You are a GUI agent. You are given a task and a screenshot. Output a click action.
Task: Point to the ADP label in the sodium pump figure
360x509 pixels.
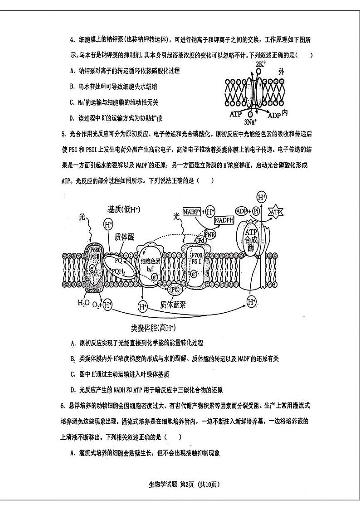(x=274, y=115)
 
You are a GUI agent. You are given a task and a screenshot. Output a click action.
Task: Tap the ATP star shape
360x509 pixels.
(x=276, y=212)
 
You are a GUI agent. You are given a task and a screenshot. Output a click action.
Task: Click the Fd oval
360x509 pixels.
(x=200, y=240)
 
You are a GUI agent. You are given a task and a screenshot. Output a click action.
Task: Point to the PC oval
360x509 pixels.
(x=175, y=289)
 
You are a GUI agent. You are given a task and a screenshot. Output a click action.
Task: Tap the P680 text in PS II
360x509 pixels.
(x=95, y=252)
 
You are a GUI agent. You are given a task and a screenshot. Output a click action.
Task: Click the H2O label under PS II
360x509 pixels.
(x=83, y=303)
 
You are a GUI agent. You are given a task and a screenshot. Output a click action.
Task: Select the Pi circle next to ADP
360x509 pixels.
(x=256, y=212)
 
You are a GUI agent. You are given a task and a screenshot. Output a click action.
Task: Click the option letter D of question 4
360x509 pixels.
(x=72, y=118)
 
